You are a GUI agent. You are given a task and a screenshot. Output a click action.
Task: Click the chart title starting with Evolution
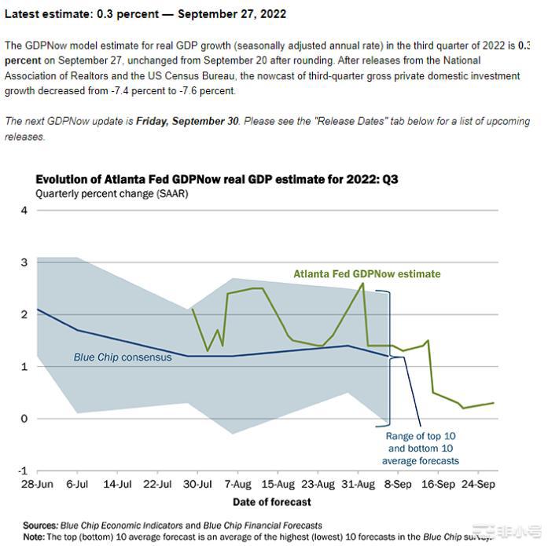point(217,179)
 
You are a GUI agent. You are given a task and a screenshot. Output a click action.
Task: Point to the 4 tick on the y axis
point(24,211)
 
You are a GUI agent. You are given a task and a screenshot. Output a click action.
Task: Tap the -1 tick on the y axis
point(22,470)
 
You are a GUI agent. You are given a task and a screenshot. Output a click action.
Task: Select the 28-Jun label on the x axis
point(37,484)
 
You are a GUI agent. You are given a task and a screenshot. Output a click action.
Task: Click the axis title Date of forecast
point(271,502)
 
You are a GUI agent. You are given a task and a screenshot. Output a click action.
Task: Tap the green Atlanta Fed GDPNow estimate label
point(367,274)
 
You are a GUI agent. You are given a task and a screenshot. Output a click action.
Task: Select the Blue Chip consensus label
point(123,357)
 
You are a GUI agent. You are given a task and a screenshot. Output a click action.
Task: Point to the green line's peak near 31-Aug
point(362,284)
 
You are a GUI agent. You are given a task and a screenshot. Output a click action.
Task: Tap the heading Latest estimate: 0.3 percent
point(145,14)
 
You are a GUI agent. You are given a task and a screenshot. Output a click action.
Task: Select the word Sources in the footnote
point(39,526)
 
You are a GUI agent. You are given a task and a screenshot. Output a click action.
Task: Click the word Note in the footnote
point(34,537)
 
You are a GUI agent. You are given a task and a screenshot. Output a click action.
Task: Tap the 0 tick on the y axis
point(24,419)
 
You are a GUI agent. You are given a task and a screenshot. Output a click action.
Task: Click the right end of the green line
point(494,403)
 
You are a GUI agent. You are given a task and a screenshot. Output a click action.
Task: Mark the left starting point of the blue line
point(38,310)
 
